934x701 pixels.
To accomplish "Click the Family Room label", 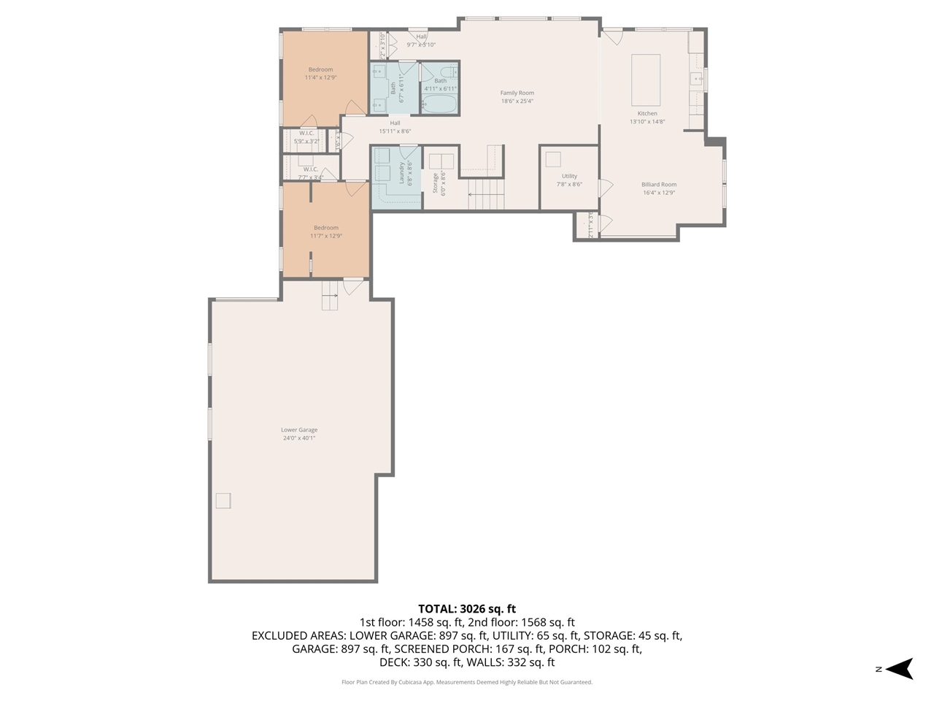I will coord(517,93).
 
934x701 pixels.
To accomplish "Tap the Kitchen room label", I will coord(647,113).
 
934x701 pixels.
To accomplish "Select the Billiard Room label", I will coord(659,185).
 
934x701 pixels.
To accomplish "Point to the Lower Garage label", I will coord(299,430).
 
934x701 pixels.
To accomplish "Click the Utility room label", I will coord(569,176).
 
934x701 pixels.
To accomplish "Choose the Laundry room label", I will coord(401,174).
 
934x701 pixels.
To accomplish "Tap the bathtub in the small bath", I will coord(439,103).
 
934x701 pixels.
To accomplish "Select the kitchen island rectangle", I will coord(646,80).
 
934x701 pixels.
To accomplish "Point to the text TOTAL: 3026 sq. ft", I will coord(467,608).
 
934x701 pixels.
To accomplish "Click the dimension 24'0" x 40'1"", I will coord(299,438).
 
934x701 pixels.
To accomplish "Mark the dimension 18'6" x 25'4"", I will coord(517,101).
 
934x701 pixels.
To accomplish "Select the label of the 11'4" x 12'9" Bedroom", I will coord(320,70).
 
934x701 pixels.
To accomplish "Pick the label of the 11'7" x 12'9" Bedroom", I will coord(326,228).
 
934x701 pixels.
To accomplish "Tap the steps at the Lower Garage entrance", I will coord(331,296).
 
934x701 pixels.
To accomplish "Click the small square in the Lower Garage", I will coord(223,500).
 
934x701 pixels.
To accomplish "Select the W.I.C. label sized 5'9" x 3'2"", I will coord(306,133).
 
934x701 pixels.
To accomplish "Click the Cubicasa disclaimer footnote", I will coord(467,682).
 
